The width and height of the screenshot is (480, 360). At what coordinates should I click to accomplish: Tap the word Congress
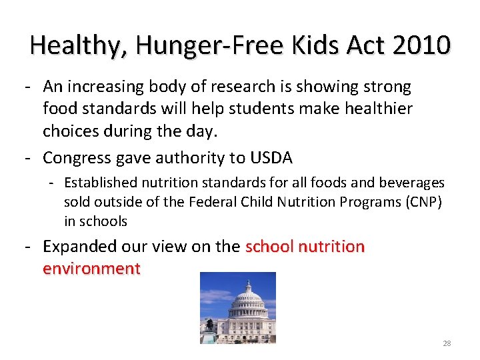[75, 158]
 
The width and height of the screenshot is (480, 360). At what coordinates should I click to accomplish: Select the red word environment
[91, 269]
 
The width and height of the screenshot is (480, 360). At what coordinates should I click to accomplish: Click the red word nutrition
[331, 247]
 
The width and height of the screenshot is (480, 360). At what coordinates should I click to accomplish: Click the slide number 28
[447, 343]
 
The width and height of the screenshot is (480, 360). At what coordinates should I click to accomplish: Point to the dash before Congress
[29, 158]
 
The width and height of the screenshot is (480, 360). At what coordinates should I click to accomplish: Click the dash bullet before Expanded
[29, 247]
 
